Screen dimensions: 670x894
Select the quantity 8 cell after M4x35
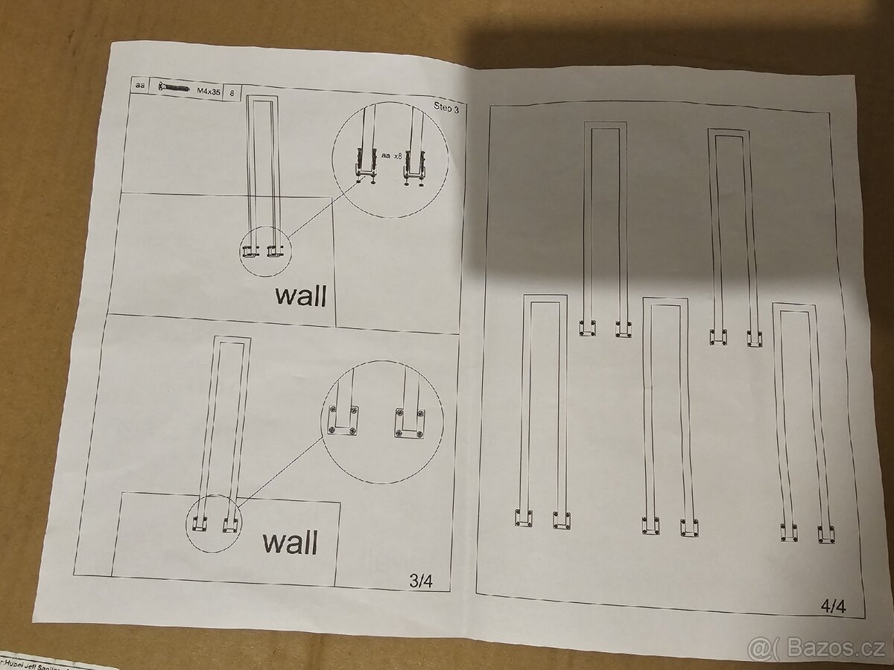pos(233,93)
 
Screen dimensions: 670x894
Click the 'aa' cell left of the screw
pos(139,86)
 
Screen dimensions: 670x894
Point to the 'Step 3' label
pos(447,106)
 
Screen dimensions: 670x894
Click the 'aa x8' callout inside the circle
pos(392,156)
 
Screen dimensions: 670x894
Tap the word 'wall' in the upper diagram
pos(300,296)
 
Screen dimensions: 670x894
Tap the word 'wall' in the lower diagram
pos(289,541)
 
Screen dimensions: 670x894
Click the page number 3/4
pos(420,582)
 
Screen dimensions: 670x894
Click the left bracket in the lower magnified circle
pos(342,421)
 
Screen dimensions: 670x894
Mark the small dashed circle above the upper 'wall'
pos(265,252)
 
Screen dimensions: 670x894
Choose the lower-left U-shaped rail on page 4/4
pos(542,409)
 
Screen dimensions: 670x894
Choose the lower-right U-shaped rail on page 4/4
pos(803,421)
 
